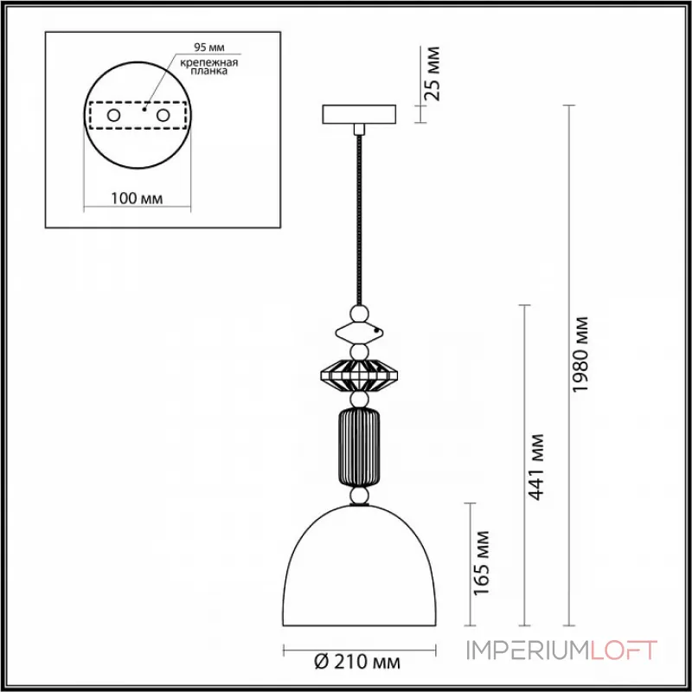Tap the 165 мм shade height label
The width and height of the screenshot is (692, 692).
click(482, 561)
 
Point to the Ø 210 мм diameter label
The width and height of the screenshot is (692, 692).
click(358, 663)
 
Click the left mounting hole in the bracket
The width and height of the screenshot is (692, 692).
click(113, 115)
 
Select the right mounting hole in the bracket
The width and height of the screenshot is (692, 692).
click(162, 115)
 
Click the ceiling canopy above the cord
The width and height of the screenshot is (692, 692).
click(359, 115)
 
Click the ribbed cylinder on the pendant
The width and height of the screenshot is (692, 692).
click(358, 449)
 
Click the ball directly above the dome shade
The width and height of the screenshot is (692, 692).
click(359, 497)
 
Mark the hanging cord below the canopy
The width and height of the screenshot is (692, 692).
click(358, 216)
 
